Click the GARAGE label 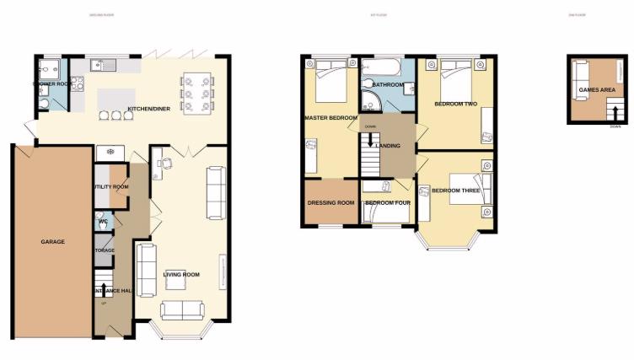click(52, 242)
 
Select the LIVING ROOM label click(180, 274)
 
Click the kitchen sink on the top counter click(106, 63)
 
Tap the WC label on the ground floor click(103, 223)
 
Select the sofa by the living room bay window click(183, 309)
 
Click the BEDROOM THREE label click(455, 191)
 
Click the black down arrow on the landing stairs click(370, 142)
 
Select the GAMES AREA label click(589, 89)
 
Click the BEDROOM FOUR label click(384, 204)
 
